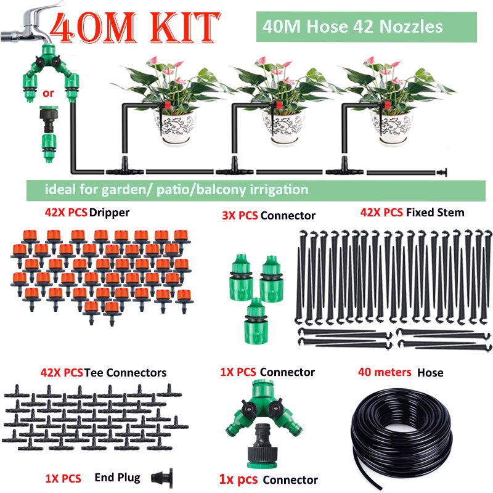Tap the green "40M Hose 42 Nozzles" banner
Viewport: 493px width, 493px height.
352,27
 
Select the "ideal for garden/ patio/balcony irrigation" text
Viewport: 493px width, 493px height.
176,189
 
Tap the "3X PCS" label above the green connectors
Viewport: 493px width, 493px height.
239,216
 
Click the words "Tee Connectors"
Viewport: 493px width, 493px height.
126,372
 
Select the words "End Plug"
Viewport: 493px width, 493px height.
117,477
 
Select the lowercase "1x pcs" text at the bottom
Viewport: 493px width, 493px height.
238,479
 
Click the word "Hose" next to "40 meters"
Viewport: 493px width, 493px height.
430,372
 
